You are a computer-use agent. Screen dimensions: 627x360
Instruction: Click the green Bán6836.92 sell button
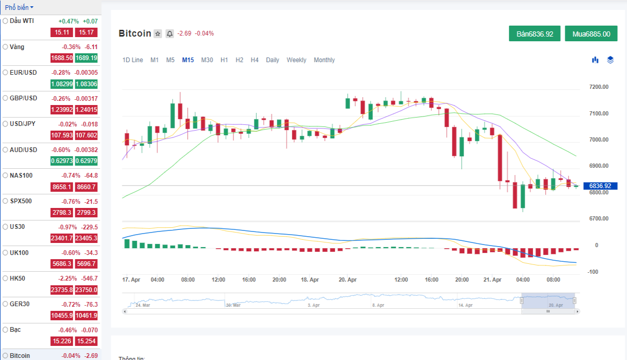pos(535,33)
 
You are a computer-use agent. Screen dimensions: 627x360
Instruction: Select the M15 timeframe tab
pos(188,60)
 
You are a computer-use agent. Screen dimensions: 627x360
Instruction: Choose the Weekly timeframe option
pos(296,60)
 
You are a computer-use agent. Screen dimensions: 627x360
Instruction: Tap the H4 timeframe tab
pos(254,60)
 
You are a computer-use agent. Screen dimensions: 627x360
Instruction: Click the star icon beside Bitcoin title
pos(158,34)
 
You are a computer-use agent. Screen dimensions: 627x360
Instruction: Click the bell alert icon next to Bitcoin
pos(170,34)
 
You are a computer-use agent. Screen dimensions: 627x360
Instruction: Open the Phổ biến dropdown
pos(19,7)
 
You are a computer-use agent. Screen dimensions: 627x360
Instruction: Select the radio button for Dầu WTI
pos(5,21)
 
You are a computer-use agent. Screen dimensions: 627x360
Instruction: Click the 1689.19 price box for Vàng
pos(86,58)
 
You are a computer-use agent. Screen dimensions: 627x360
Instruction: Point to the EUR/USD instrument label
pos(23,73)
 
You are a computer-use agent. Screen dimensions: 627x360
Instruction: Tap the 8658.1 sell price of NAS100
pos(62,187)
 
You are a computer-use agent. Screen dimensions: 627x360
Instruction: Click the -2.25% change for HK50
pos(67,278)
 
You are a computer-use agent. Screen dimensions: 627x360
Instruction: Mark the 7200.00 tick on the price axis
pos(599,87)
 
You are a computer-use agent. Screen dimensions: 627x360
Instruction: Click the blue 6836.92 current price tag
pos(600,186)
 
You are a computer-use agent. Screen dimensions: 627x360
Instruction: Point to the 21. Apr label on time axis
pos(492,280)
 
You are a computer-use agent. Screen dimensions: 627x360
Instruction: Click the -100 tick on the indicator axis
pos(593,272)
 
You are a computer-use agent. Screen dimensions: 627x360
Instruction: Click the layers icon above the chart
pos(610,60)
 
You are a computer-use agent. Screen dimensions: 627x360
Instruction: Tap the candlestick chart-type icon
pos(595,60)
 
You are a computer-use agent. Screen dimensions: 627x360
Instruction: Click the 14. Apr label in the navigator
pos(465,305)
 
